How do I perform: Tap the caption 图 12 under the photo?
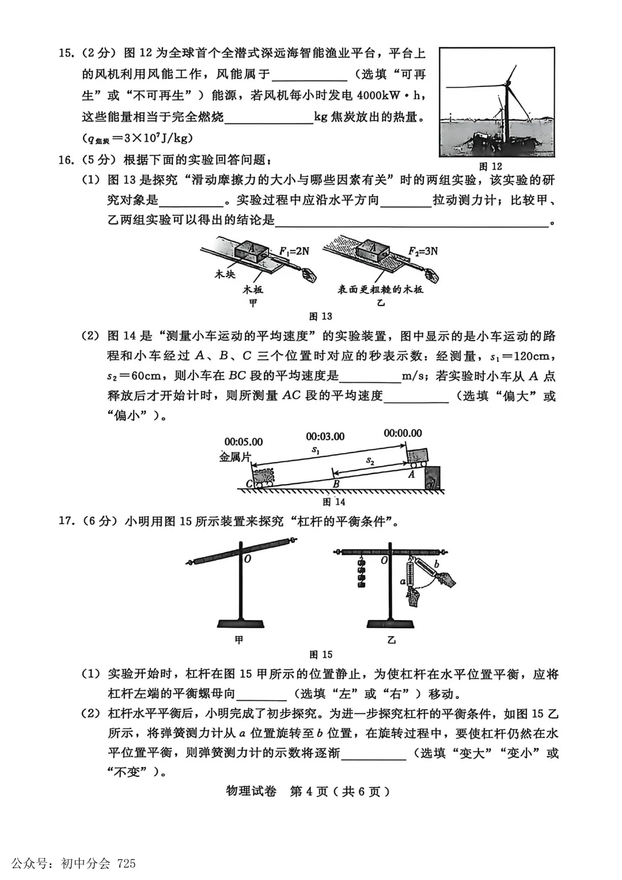[490, 166]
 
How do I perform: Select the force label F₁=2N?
[294, 251]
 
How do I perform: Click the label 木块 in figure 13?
[225, 274]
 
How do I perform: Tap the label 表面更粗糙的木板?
[380, 289]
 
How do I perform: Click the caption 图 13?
[320, 316]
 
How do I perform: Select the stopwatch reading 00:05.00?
[243, 442]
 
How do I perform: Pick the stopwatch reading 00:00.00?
[403, 433]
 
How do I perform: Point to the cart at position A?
[417, 457]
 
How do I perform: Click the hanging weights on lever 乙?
[362, 573]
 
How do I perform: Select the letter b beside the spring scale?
[437, 564]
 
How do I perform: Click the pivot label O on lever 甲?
[247, 558]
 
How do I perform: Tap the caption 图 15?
[320, 654]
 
